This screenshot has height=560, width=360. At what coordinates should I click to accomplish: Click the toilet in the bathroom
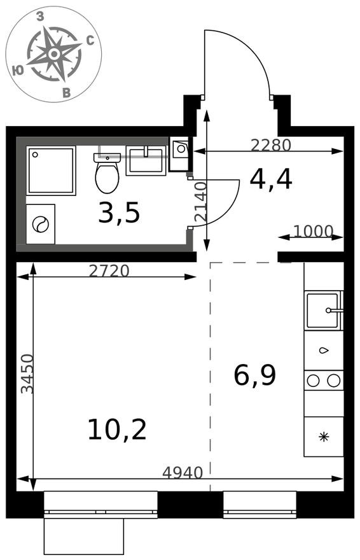pos(107,172)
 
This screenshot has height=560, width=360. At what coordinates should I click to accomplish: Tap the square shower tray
pos(51,171)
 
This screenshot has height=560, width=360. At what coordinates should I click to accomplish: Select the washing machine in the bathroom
pos(40,224)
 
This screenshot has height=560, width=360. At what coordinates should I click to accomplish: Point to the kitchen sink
pos(324,310)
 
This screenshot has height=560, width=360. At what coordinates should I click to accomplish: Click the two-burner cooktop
pos(324,381)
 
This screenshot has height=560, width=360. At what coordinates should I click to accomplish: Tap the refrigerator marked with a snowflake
pos(324,437)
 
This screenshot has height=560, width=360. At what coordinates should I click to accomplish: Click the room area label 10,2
pos(117,430)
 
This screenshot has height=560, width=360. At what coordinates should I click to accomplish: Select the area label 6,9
pos(255,376)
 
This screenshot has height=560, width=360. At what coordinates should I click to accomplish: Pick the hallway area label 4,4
pos(271,179)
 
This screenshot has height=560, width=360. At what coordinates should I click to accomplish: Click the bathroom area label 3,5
pos(119,213)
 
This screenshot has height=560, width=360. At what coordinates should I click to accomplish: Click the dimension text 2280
pos(271,145)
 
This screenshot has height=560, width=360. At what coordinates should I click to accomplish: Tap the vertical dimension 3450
pos(27,374)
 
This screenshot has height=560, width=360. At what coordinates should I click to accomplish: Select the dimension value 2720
pos(109,271)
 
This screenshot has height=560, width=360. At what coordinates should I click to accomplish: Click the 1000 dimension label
pos(314,232)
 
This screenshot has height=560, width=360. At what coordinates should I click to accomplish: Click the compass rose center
pos(54,54)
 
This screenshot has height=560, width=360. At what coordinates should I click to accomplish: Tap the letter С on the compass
pos(90,41)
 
